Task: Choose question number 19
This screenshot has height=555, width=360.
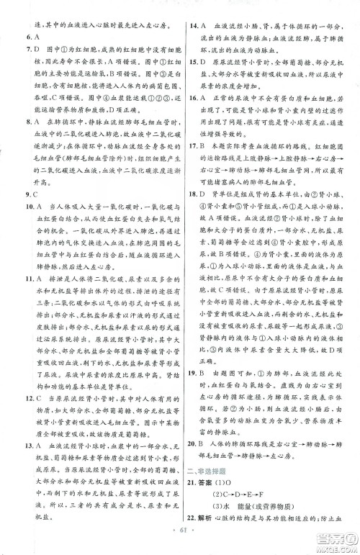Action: (x=192, y=395)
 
